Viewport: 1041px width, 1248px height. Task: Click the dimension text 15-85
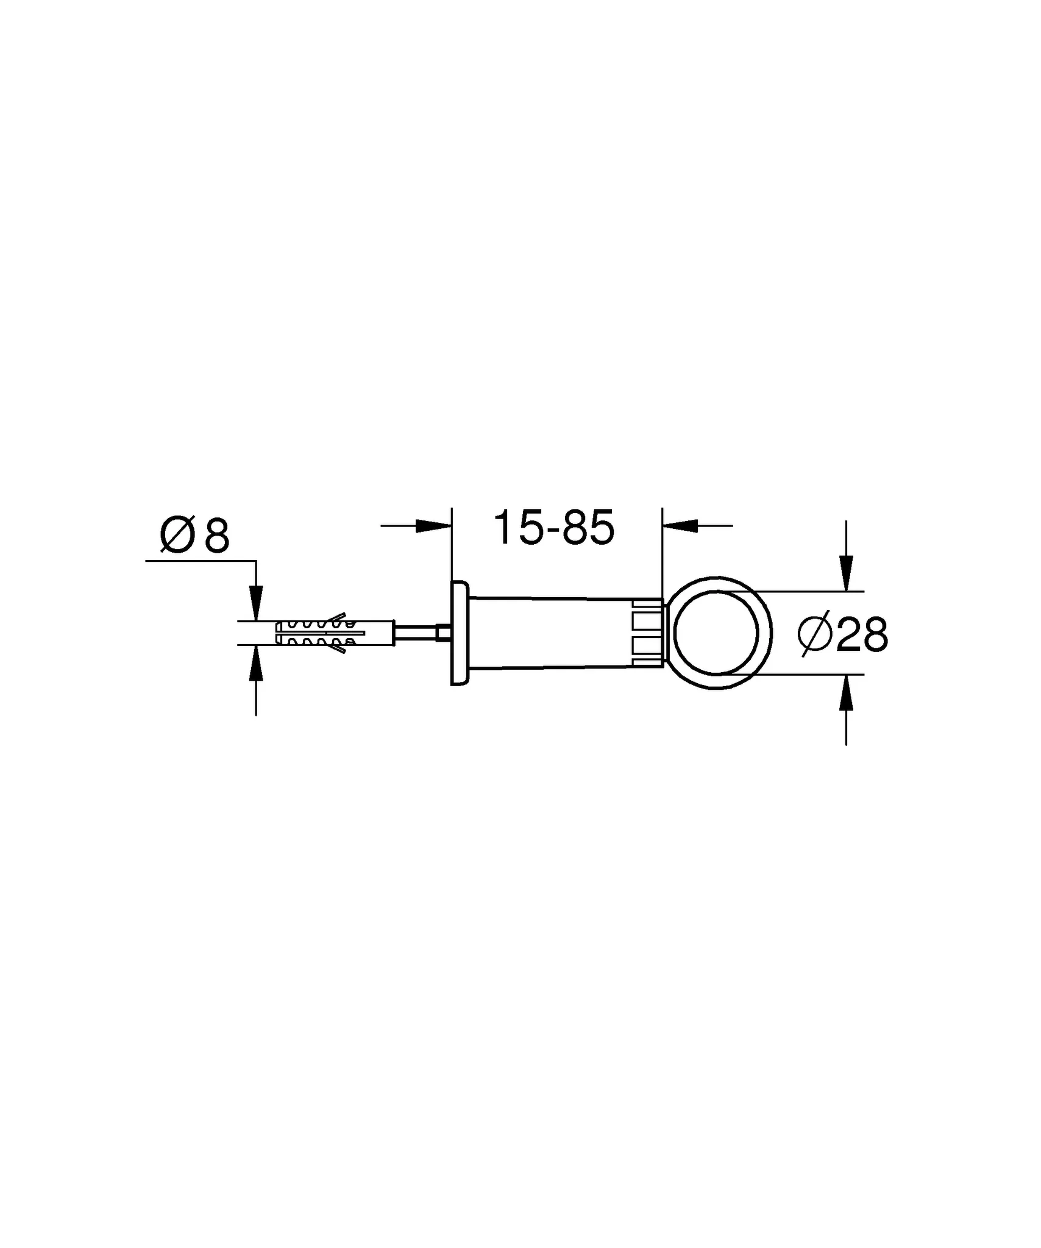[x=553, y=528]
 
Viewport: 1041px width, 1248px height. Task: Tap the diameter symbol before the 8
[x=177, y=536]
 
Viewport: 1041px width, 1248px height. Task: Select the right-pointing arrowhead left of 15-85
[x=433, y=526]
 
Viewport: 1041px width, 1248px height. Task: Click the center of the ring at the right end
[x=716, y=633]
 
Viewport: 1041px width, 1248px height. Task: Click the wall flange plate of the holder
[x=458, y=633]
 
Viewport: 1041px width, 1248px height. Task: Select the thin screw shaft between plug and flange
[x=416, y=633]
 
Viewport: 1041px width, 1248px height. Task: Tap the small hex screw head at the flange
[x=444, y=633]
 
